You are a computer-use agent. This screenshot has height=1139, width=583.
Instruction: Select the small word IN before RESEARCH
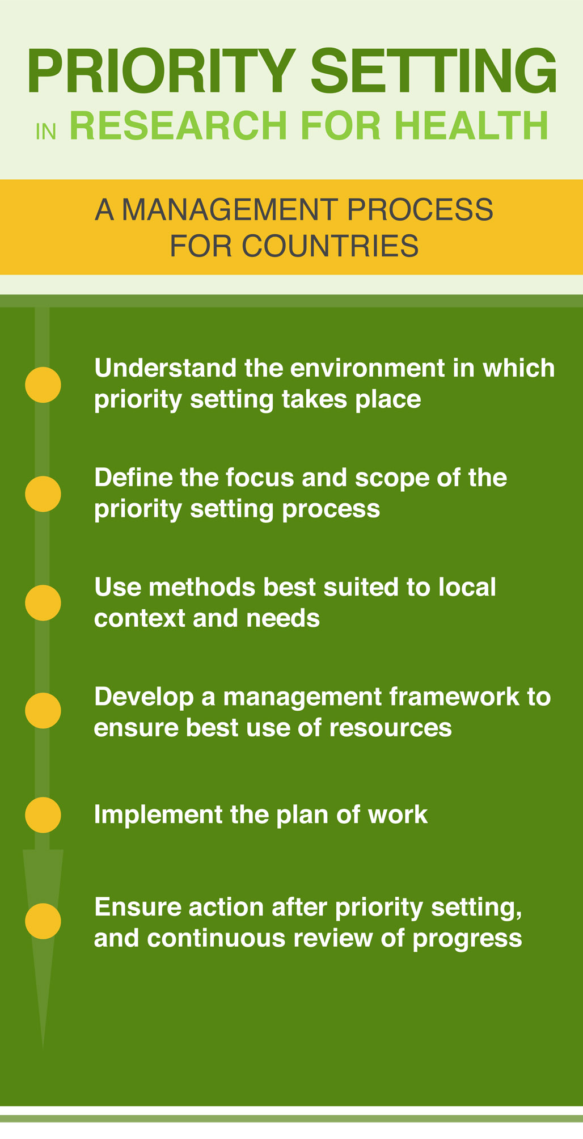click(46, 132)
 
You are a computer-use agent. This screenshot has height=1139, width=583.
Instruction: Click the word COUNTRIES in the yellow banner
click(330, 246)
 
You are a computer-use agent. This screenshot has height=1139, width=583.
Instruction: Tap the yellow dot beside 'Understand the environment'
click(43, 385)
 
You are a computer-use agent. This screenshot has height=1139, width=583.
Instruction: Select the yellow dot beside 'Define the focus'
click(43, 493)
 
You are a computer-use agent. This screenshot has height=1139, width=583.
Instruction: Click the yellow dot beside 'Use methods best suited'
click(43, 602)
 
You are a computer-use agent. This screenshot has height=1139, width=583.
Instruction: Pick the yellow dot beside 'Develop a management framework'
click(43, 711)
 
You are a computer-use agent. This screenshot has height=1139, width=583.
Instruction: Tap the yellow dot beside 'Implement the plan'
click(43, 815)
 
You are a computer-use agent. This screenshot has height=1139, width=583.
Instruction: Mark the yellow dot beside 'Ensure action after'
click(43, 921)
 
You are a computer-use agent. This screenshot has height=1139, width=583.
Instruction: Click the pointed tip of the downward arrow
click(43, 1049)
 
